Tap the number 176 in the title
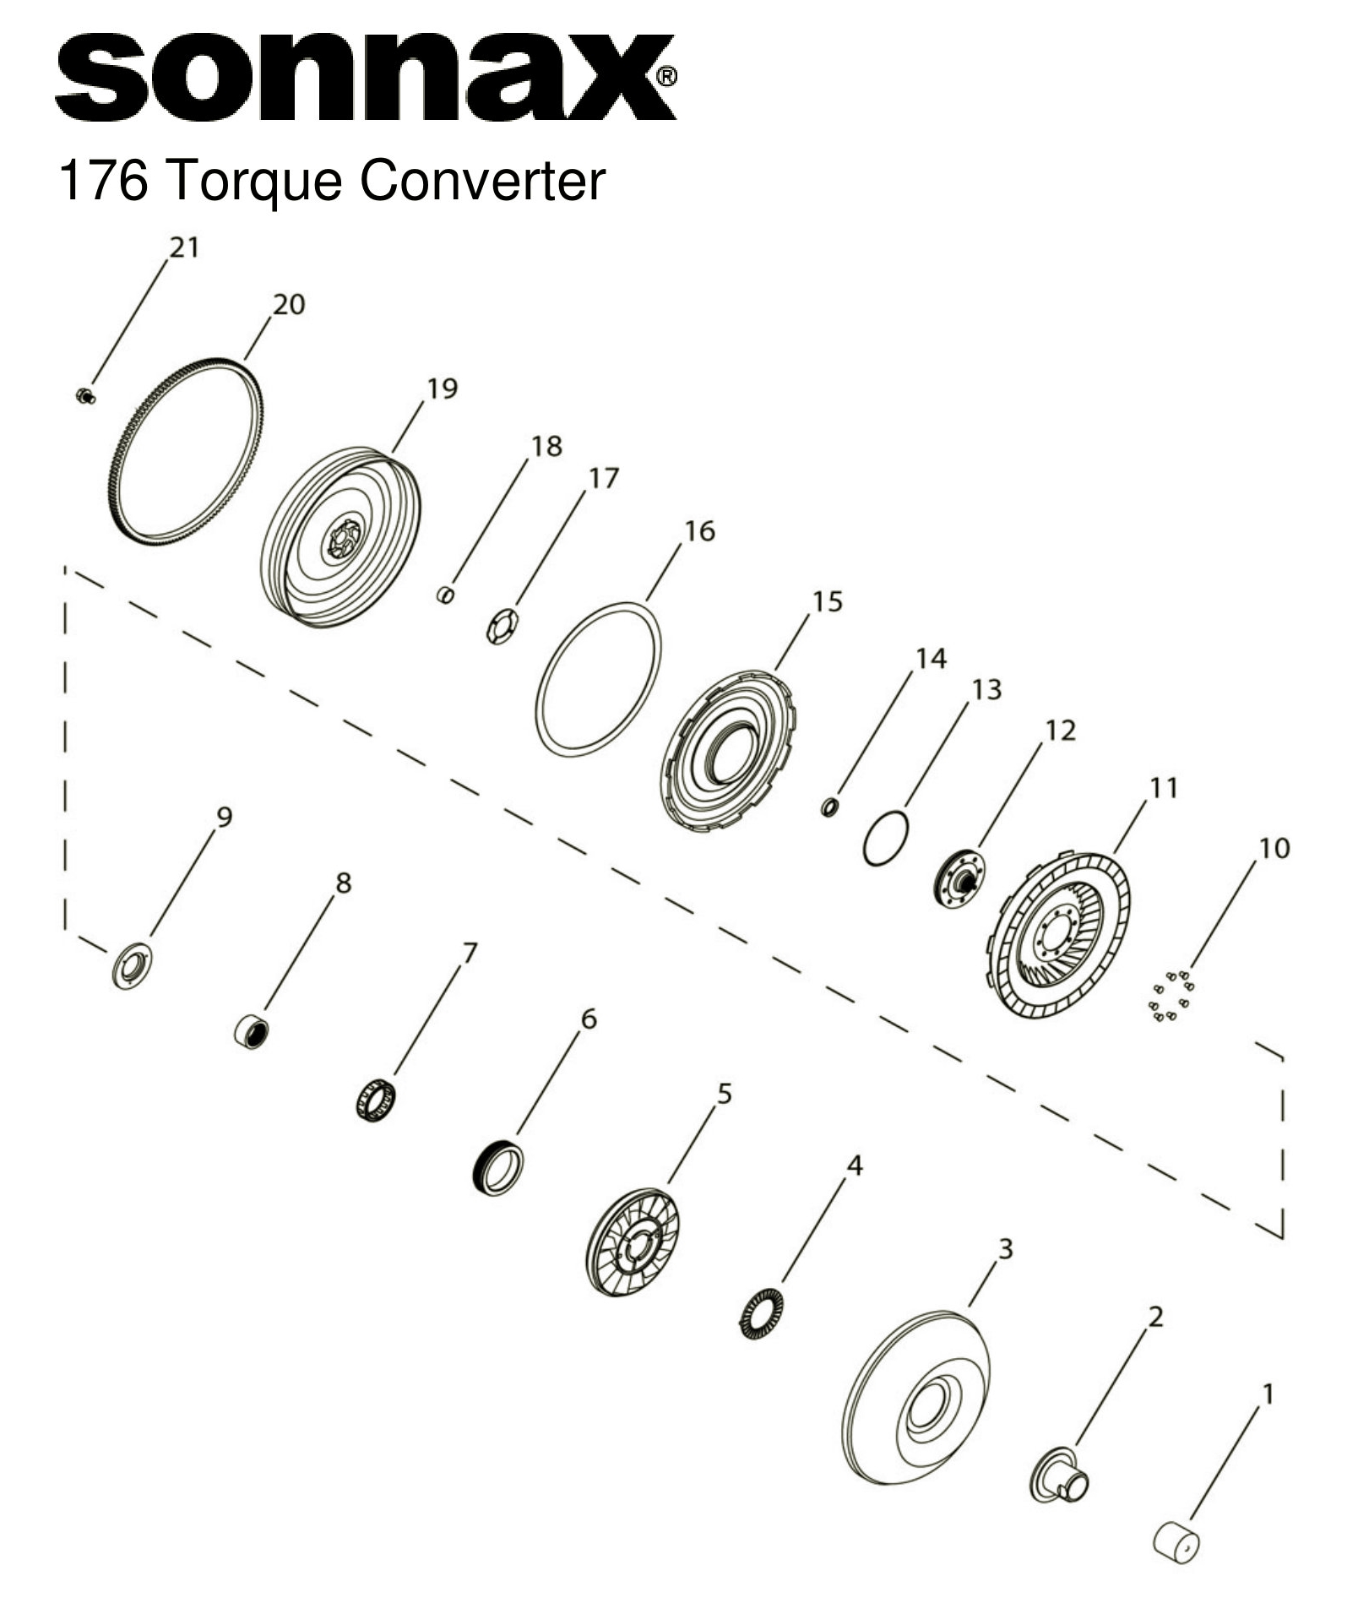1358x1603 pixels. (x=102, y=181)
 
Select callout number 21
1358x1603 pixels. (x=184, y=247)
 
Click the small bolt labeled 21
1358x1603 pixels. (x=84, y=396)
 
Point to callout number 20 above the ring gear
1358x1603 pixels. (x=288, y=305)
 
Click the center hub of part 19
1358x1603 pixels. (x=341, y=540)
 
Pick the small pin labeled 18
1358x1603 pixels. (x=446, y=596)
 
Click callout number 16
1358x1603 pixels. (x=699, y=531)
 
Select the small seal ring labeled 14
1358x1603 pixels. (x=829, y=807)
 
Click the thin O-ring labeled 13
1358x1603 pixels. (x=886, y=839)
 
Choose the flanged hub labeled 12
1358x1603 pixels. (x=960, y=880)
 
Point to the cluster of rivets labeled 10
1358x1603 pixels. (x=1171, y=997)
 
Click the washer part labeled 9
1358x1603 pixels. (x=132, y=965)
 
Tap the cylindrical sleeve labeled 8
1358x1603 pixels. (x=252, y=1033)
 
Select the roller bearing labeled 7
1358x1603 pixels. (x=375, y=1100)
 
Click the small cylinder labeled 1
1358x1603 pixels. (x=1176, y=1542)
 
